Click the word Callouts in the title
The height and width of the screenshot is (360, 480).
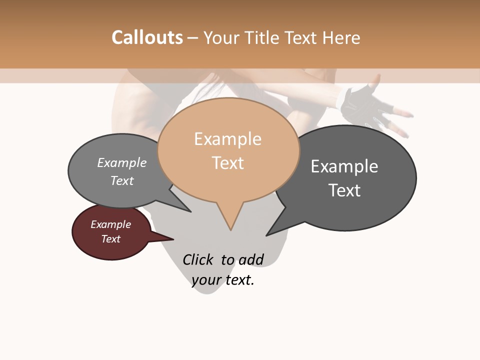coord(147,37)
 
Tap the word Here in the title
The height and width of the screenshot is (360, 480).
coord(341,37)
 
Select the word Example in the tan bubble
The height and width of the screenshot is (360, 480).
coord(227,139)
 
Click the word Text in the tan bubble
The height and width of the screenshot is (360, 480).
coord(227,163)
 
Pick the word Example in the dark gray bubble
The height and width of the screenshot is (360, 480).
coord(344,166)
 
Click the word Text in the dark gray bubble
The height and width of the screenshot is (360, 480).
coord(344,190)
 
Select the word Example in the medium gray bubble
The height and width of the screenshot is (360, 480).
coord(122,163)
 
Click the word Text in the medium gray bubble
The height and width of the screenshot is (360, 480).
coord(122,180)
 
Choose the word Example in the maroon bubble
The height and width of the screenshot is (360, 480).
coord(111,224)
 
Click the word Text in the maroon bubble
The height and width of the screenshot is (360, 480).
coord(111,239)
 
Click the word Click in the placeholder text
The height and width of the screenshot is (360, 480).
coord(198,259)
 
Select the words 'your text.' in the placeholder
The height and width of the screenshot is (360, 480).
coord(223,280)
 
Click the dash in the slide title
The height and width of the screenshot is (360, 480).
coord(193,38)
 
